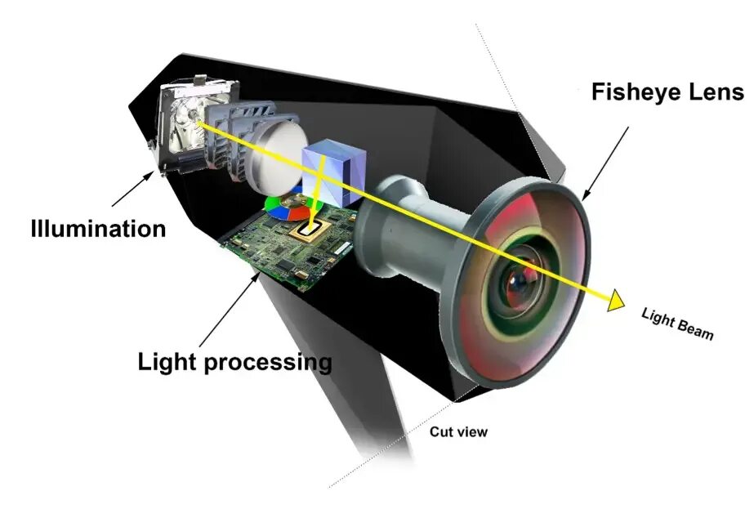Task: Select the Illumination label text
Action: click(98, 227)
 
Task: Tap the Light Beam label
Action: click(677, 323)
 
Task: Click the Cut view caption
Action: click(458, 431)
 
